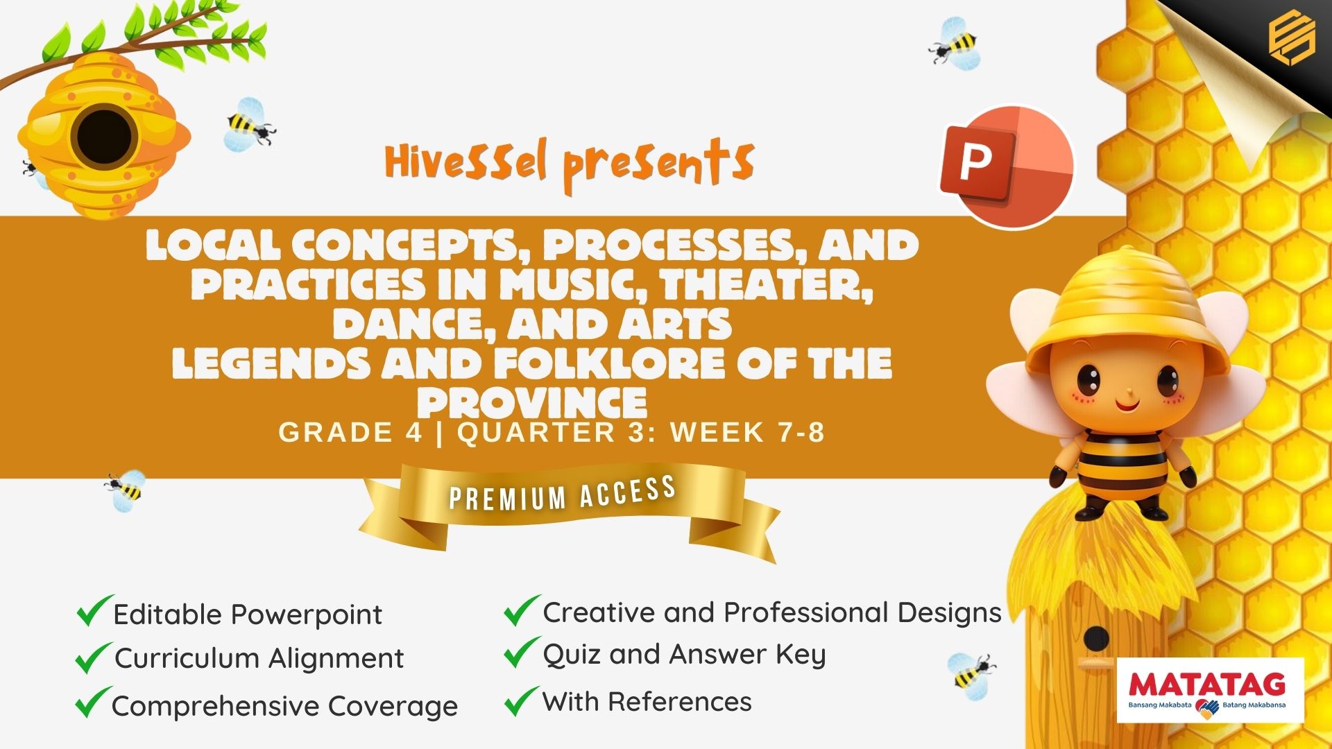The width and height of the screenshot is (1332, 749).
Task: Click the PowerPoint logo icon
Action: [x=1006, y=166]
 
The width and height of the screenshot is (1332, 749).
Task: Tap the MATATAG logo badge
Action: [x=1211, y=690]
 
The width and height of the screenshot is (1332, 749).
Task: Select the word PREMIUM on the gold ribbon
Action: [x=508, y=497]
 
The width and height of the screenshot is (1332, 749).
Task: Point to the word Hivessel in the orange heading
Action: [x=466, y=162]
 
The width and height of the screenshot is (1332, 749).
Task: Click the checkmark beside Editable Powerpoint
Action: [x=94, y=610]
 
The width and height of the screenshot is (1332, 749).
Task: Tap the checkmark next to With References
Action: [x=522, y=700]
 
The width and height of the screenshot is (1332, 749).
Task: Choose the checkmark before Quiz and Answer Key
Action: [x=522, y=652]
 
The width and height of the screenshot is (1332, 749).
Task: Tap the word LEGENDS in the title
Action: [x=271, y=363]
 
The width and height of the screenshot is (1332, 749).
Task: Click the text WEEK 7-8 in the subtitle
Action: [x=748, y=432]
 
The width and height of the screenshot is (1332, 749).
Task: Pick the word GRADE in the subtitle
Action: [x=336, y=432]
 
